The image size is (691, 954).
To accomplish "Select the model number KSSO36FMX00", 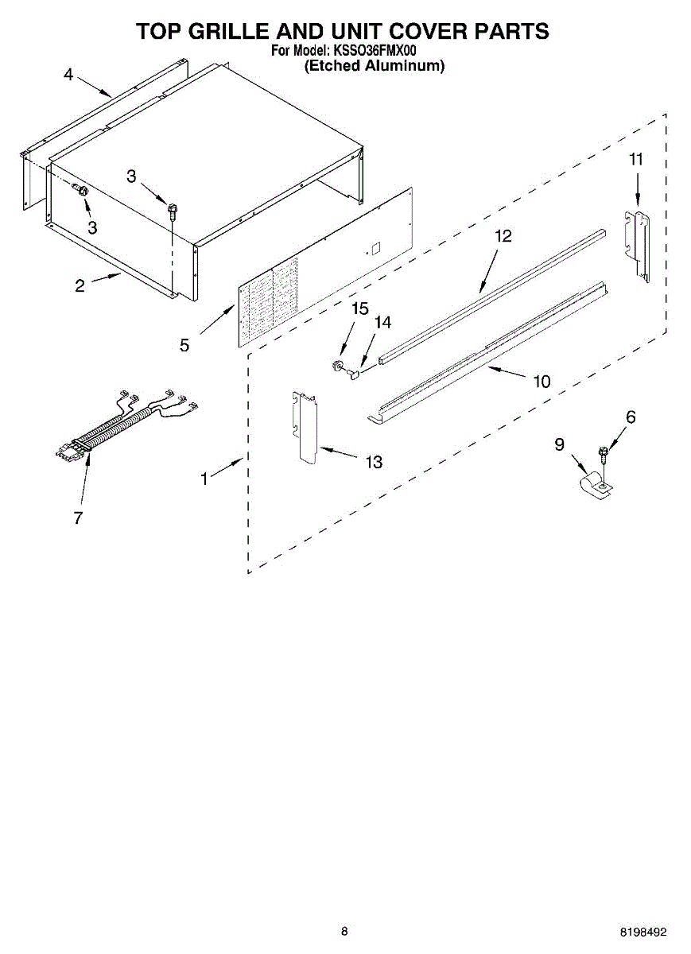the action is [x=375, y=52].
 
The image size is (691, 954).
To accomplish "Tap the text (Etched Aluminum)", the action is [x=375, y=67].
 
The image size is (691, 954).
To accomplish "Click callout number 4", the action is [x=68, y=76].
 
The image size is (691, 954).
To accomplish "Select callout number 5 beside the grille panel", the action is [x=184, y=345].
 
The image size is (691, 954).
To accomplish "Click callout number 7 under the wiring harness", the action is [x=78, y=518].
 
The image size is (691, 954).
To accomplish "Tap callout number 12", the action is [x=503, y=236].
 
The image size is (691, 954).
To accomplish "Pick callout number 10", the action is [x=542, y=382].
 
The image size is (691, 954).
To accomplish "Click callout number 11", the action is [x=636, y=159].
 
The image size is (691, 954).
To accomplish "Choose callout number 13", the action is [x=373, y=462].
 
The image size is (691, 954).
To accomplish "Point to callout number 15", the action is [x=360, y=308].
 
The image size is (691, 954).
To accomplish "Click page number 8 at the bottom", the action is [x=344, y=931].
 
